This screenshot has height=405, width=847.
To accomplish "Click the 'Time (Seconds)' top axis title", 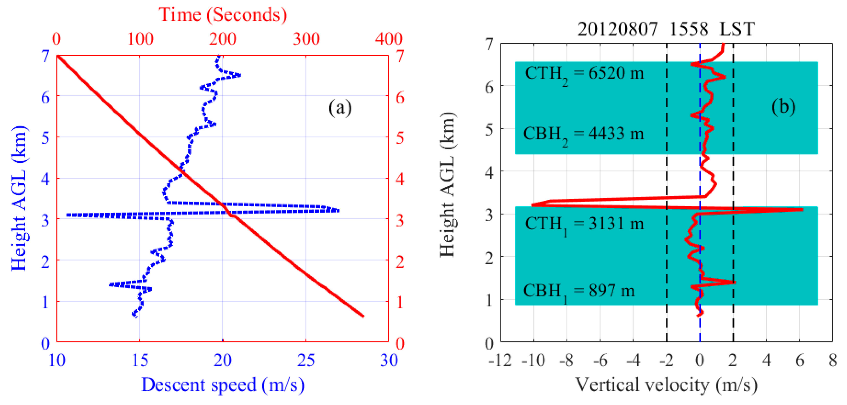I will [x=223, y=15].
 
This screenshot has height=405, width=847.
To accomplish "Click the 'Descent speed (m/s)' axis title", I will [x=223, y=385].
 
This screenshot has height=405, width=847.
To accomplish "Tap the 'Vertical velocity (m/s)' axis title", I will [x=666, y=385].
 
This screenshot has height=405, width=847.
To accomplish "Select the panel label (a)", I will [x=340, y=108].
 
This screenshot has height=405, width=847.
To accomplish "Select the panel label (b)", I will [x=783, y=107].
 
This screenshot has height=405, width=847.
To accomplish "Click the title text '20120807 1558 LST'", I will [x=666, y=29].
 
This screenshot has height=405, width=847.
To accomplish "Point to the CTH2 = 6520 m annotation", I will [x=584, y=74].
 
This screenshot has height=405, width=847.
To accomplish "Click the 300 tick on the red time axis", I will [x=306, y=39].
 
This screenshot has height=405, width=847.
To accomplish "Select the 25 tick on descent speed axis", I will [x=306, y=360].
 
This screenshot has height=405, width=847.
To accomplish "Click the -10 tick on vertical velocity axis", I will [x=534, y=361].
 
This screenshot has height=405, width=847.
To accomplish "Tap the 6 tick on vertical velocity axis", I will [x=800, y=361].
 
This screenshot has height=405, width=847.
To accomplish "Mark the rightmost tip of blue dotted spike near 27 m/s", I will [x=338, y=210].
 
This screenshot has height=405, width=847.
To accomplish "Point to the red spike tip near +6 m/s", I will [x=802, y=209].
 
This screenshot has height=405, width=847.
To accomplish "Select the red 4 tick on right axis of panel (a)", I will [x=400, y=180].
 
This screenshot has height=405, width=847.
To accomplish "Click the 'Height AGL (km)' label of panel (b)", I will [x=447, y=184].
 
